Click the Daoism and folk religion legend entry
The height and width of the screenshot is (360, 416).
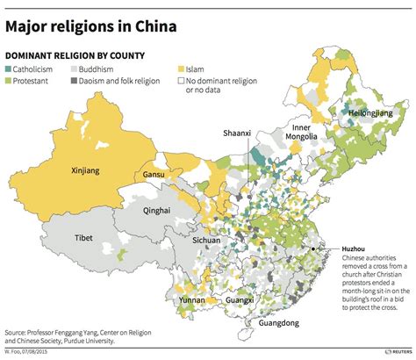(133, 81)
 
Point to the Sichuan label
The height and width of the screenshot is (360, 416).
(206, 239)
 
